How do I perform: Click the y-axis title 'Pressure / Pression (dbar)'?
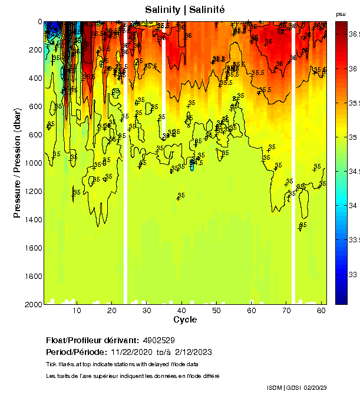17,163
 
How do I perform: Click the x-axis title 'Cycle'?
185,320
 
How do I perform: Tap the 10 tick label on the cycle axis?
77,310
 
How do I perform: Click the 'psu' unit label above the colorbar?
341,14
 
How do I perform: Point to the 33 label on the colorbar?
352,274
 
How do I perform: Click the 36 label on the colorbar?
352,68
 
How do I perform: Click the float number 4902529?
158,341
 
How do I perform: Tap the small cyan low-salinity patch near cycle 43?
192,163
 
